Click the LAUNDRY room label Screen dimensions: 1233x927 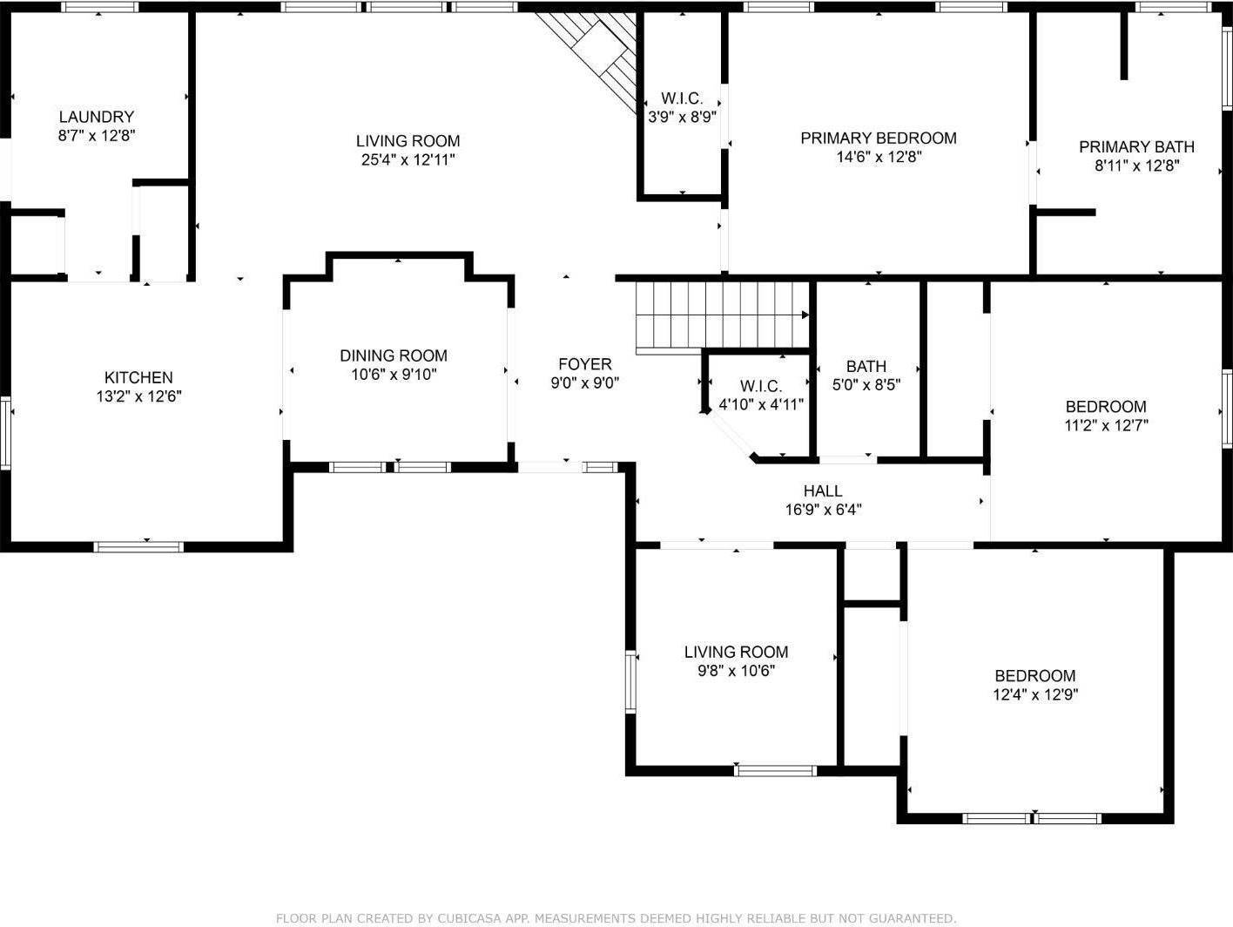pyautogui.click(x=97, y=117)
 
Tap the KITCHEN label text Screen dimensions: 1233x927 pyautogui.click(x=138, y=377)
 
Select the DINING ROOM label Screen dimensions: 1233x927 pyautogui.click(x=394, y=355)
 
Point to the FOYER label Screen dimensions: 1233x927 pyautogui.click(x=585, y=364)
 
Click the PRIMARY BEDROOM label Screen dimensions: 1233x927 pyautogui.click(x=879, y=139)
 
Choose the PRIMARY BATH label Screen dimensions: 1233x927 pyautogui.click(x=1137, y=147)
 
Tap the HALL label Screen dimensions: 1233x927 pyautogui.click(x=823, y=491)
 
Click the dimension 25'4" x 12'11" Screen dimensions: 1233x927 pyautogui.click(x=408, y=160)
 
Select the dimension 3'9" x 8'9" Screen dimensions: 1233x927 pyautogui.click(x=682, y=118)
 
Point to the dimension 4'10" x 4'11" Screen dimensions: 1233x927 pyautogui.click(x=761, y=404)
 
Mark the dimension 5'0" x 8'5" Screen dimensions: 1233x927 pyautogui.click(x=866, y=385)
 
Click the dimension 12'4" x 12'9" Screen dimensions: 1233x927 pyautogui.click(x=1035, y=695)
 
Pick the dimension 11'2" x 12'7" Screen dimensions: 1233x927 pyautogui.click(x=1106, y=425)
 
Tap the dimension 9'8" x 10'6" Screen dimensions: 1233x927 pyautogui.click(x=736, y=671)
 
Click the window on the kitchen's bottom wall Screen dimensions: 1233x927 pyautogui.click(x=138, y=546)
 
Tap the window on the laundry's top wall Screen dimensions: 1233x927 pyautogui.click(x=99, y=7)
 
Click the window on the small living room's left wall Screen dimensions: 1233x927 pyautogui.click(x=630, y=682)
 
